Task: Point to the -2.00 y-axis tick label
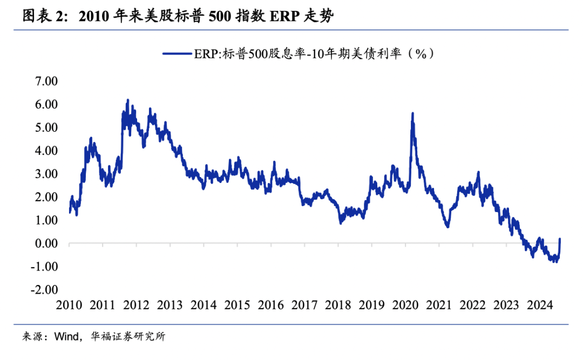click(45, 290)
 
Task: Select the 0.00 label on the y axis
click(46, 243)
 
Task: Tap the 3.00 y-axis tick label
click(46, 174)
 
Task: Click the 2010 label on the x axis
click(69, 305)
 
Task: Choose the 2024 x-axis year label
click(541, 305)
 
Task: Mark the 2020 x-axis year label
click(406, 305)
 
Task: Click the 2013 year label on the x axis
click(171, 305)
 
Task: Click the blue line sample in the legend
click(178, 53)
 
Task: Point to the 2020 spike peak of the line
click(412, 113)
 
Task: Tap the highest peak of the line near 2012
click(127, 100)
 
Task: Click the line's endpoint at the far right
click(560, 239)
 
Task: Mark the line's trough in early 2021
click(448, 226)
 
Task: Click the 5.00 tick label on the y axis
click(46, 127)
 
